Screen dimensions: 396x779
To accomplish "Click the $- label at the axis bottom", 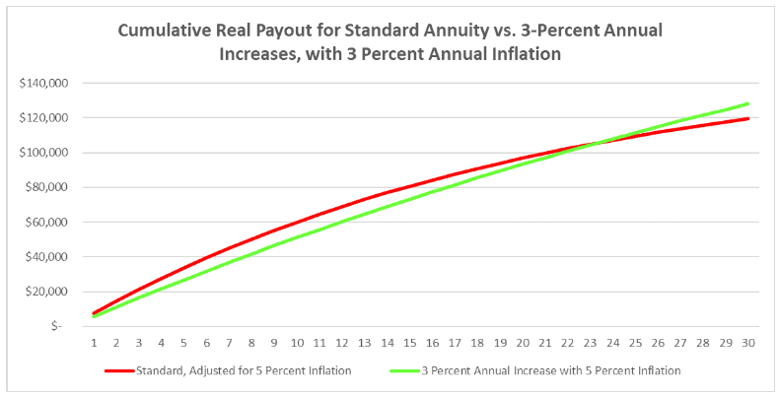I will click(58, 326).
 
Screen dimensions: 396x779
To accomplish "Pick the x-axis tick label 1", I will click(94, 343).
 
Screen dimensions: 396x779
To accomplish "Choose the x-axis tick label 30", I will click(749, 343).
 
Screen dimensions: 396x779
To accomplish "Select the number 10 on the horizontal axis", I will click(297, 343).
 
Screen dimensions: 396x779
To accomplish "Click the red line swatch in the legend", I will click(131, 371).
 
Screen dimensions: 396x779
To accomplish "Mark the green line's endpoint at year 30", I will click(749, 103).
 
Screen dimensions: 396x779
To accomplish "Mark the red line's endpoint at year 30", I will click(749, 118).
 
